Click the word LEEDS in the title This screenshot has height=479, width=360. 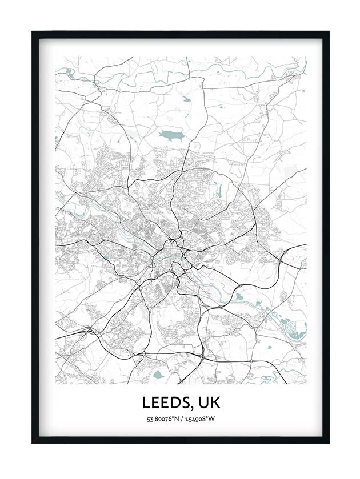coord(165,402)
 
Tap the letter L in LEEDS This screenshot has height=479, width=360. coord(147,402)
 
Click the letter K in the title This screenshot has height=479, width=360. coord(214,402)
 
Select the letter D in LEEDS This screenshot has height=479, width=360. coord(175,402)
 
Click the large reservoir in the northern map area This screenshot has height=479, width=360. coord(170,135)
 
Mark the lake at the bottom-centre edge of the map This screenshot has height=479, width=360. coord(158,375)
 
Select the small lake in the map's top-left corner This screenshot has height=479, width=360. coord(69,71)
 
